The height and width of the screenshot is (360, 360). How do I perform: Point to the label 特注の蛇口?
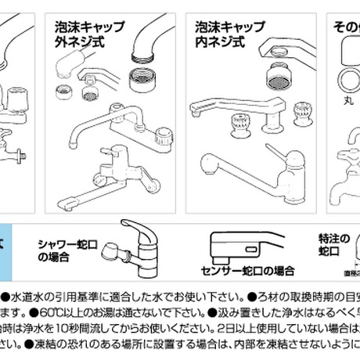point(327,245)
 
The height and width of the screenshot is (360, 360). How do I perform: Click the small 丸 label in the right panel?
point(337,100)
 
